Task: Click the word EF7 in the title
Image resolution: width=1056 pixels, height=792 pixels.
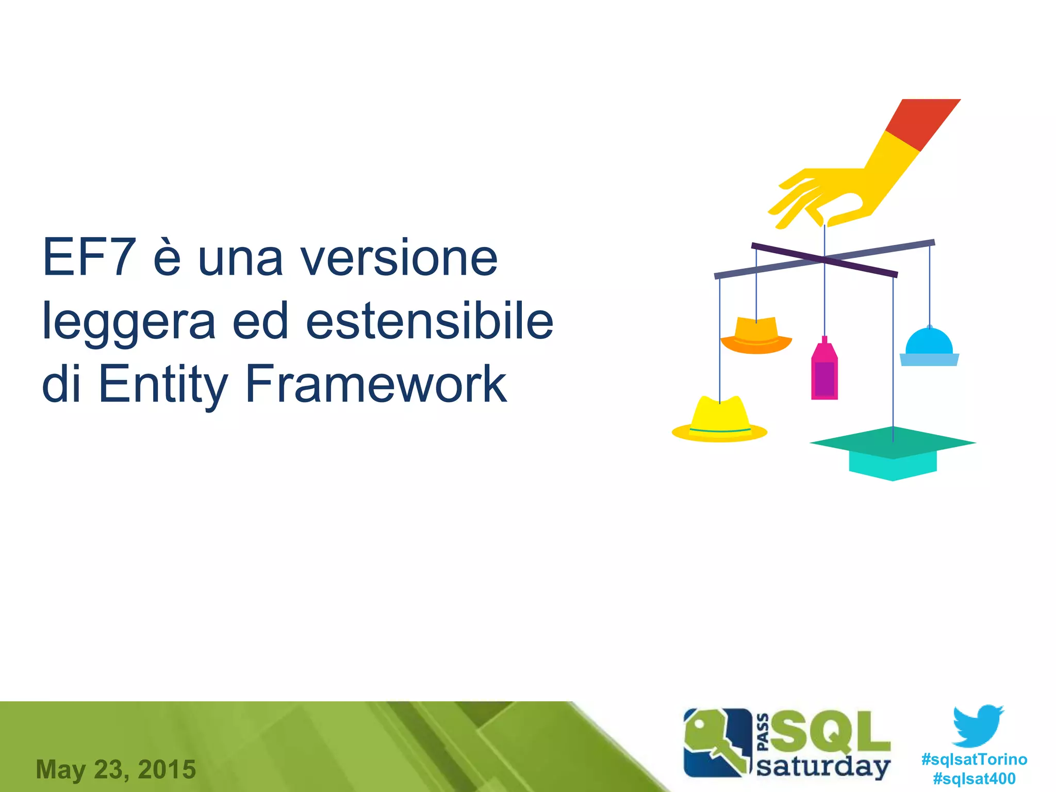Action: point(89,257)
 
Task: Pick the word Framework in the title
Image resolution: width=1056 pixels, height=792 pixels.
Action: point(376,384)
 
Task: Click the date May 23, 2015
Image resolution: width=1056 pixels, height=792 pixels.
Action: point(116,769)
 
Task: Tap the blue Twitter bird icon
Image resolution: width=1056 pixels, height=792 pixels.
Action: point(978,725)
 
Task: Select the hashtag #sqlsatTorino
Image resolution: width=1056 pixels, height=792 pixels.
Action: point(974,759)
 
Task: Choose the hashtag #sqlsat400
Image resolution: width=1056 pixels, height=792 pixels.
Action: point(974,778)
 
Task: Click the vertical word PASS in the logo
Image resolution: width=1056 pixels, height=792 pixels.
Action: point(764,732)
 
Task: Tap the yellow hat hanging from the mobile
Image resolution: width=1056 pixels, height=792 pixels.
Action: point(720,420)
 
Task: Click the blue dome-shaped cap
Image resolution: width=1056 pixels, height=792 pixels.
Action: point(929,348)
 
